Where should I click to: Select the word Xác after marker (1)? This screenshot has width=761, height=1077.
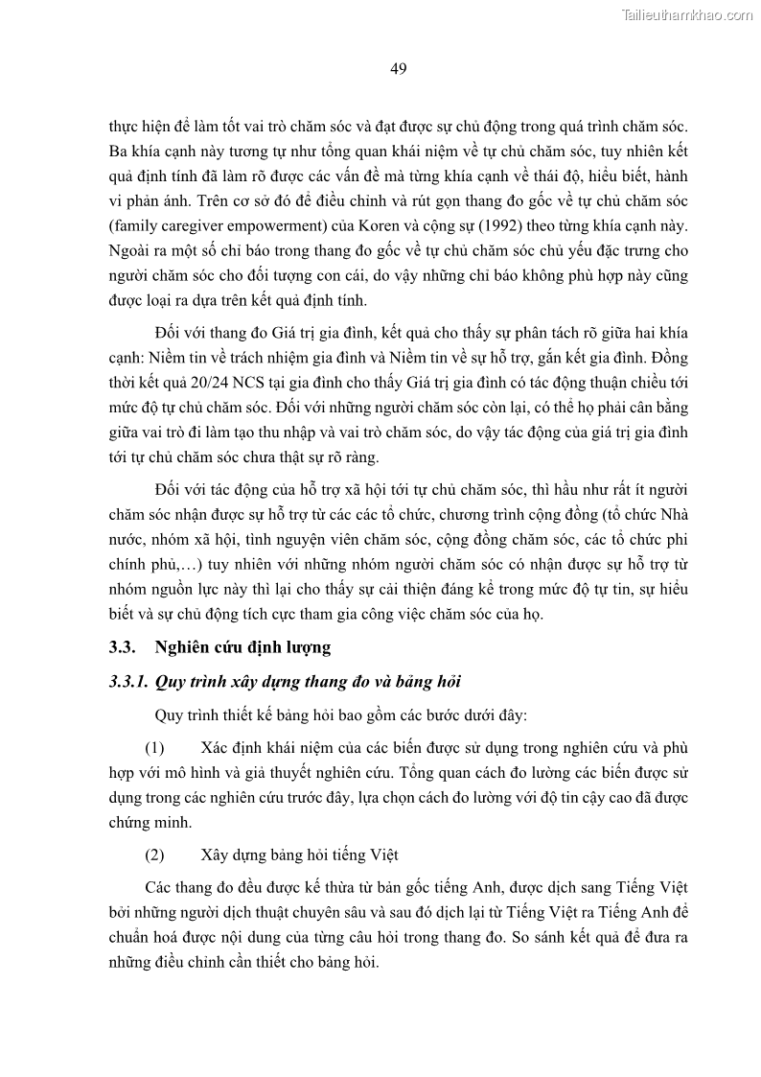click(217, 747)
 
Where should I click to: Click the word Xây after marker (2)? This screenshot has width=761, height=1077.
click(217, 855)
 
